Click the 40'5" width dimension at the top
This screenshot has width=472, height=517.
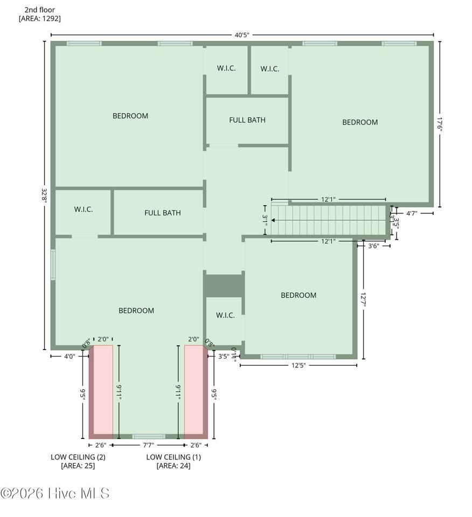[242, 35]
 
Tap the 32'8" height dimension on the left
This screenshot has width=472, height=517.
[44, 195]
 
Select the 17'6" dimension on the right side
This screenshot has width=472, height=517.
[440, 124]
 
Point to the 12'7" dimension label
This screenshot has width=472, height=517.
[363, 300]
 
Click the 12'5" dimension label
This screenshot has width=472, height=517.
[299, 365]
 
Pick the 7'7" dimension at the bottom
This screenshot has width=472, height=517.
[148, 445]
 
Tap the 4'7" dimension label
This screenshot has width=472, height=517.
[412, 213]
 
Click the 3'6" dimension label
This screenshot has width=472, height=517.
[373, 246]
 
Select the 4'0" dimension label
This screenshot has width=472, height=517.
[70, 356]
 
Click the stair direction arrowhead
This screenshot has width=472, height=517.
[273, 220]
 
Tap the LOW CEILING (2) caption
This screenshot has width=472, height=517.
[78, 457]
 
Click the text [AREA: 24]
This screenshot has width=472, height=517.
[173, 465]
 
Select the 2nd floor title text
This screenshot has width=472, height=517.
[39, 10]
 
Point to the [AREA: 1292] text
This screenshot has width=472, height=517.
[39, 18]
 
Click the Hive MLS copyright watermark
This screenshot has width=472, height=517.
[55, 493]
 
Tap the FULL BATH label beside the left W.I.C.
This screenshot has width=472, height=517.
[163, 213]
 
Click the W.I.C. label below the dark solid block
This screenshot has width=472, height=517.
[226, 315]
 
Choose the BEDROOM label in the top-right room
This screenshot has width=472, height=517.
[360, 122]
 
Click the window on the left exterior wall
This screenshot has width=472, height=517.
[53, 265]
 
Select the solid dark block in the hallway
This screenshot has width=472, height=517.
[224, 286]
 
